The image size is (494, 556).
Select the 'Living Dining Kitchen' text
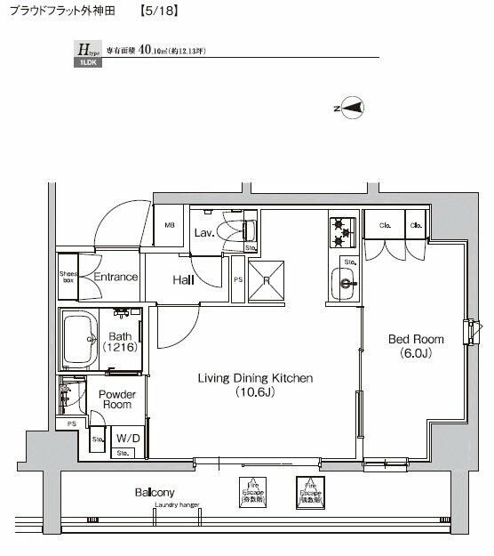click(x=254, y=384)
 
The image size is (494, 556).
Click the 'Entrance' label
click(x=116, y=277)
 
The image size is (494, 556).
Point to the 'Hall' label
click(x=184, y=279)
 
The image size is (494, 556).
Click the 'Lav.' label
click(x=203, y=233)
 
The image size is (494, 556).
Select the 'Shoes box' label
click(x=68, y=277)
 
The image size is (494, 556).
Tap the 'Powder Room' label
click(x=115, y=399)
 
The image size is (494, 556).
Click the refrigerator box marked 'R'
click(x=265, y=278)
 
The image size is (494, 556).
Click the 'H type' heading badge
click(x=86, y=52)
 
